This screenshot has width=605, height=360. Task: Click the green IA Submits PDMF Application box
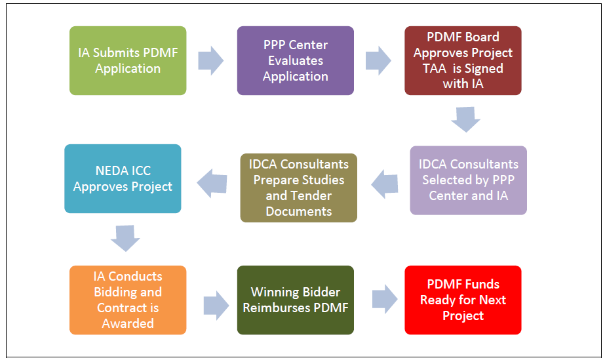coord(128,60)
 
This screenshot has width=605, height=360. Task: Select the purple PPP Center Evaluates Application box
coord(295,60)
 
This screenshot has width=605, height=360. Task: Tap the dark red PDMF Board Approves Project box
coord(463,60)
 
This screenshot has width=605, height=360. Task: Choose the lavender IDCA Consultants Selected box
coord(468,180)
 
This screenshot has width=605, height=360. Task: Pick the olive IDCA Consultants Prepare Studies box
coord(299,188)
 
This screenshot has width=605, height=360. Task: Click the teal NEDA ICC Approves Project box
coord(123,178)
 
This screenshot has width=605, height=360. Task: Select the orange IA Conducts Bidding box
coord(128,300)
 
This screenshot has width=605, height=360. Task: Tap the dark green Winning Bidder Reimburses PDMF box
coord(295,300)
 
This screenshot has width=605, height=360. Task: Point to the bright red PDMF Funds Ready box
coord(463,300)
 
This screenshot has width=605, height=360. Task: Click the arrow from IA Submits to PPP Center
coord(211,61)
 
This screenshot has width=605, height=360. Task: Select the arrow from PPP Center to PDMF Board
coord(378,61)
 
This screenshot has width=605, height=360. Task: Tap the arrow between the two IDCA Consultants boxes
coord(384,184)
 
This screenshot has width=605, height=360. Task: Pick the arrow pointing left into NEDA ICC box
coord(212,182)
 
